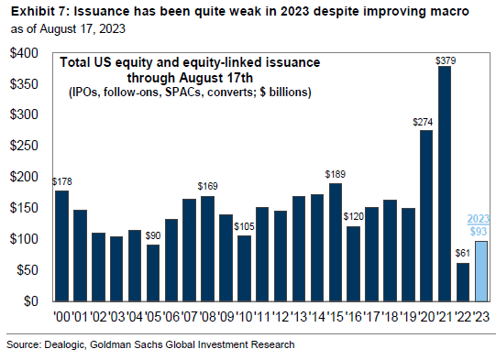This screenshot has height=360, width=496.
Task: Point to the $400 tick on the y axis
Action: coord(24,53)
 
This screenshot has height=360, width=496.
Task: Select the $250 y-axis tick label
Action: coord(24,146)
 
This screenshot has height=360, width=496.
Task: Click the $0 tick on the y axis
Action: coord(33,300)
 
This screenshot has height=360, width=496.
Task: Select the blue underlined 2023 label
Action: coord(479,218)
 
